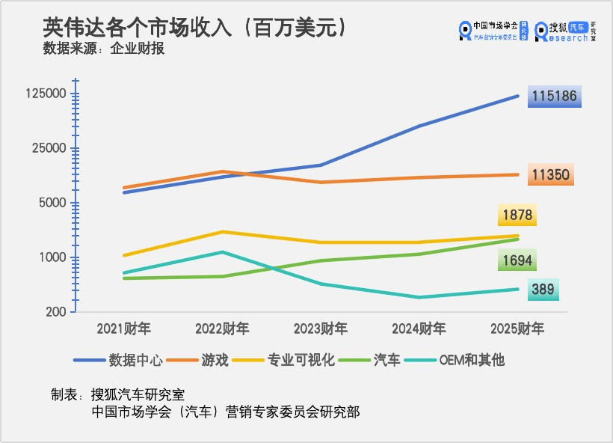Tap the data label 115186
tap(555, 97)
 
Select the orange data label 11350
tap(551, 175)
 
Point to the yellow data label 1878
tap(517, 216)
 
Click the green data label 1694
tap(517, 260)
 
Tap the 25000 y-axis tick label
tap(49, 149)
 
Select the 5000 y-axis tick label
tap(52, 204)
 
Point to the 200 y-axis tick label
tap(55, 313)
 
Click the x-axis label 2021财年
tap(123, 329)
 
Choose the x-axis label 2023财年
tap(320, 329)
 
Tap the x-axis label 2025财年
tap(517, 329)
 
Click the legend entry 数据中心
tap(135, 360)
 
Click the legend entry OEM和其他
tap(471, 360)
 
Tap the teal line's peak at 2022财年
tap(222, 252)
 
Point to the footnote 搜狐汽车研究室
tap(137, 394)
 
